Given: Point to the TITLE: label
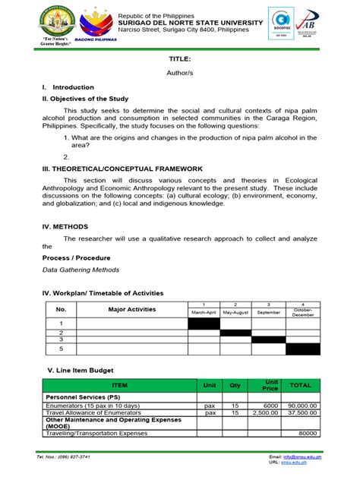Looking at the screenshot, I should [180, 58].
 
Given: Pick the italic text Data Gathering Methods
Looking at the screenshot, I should [81, 270].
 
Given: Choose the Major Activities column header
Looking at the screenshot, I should [131, 309].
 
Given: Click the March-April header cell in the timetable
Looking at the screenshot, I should [204, 312].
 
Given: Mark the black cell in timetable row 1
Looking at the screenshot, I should [204, 324].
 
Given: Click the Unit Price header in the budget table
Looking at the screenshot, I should [271, 385].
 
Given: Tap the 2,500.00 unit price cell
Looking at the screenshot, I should [271, 413].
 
